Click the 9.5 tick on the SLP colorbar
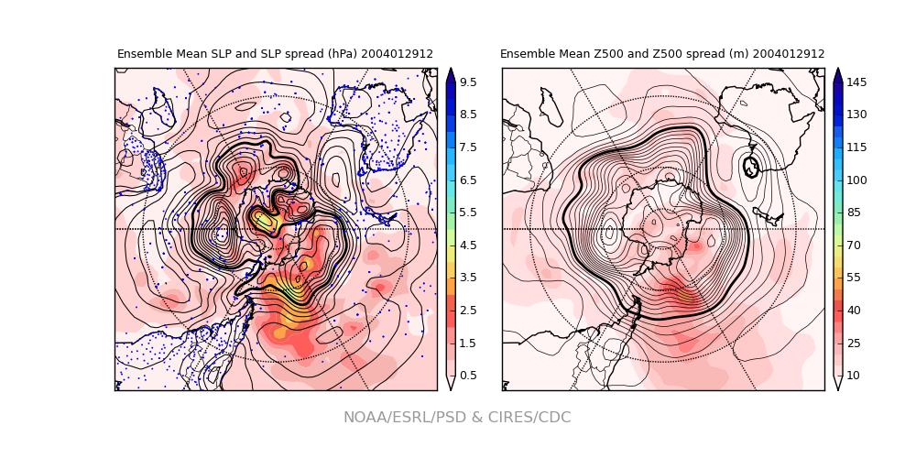(467, 82)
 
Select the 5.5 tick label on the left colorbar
(467, 213)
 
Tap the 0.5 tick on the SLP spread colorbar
(467, 376)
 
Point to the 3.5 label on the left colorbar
(467, 278)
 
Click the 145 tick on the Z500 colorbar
(856, 82)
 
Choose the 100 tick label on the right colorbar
(856, 180)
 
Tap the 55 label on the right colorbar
(853, 278)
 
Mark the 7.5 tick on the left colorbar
(467, 147)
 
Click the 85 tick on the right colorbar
(853, 213)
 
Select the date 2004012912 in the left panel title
(397, 54)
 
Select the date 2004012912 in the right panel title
(789, 54)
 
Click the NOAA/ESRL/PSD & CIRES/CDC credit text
(457, 418)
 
